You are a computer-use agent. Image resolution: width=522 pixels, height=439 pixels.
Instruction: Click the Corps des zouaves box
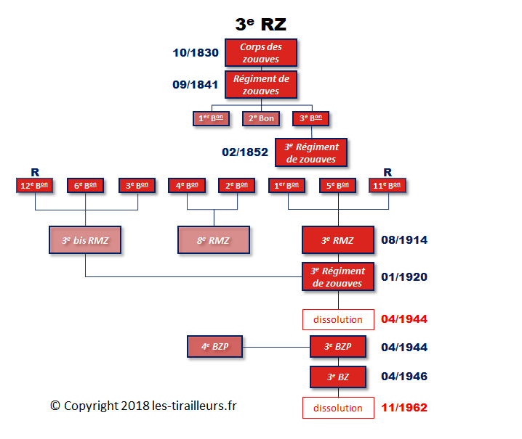[260, 53]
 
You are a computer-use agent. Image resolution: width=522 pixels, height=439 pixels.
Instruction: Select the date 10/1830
[196, 52]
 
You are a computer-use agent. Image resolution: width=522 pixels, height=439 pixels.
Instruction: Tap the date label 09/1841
[196, 84]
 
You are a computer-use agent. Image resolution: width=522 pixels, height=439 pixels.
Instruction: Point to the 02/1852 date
[245, 152]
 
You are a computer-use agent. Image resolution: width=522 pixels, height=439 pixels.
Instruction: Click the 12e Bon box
[36, 185]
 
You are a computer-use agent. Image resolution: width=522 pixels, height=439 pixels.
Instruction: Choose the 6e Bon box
[86, 185]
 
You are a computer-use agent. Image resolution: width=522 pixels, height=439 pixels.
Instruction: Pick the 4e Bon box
[187, 185]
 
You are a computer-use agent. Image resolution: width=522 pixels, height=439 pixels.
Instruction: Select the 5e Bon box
[338, 185]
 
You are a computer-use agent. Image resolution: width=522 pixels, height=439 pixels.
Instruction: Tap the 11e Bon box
[388, 185]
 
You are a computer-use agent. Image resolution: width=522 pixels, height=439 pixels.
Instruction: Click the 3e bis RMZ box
[86, 239]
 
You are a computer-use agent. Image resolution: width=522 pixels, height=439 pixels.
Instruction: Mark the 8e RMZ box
[213, 239]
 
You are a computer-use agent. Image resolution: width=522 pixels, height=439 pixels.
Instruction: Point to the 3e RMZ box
[337, 239]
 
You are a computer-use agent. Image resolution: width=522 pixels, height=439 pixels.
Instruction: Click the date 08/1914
[403, 239]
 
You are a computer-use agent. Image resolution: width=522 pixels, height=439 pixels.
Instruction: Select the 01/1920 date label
[403, 276]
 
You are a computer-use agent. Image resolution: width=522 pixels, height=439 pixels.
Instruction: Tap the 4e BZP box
[215, 347]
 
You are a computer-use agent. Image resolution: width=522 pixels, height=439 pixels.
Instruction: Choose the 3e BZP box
[337, 347]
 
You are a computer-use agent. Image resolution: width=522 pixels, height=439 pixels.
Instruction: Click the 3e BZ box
[337, 377]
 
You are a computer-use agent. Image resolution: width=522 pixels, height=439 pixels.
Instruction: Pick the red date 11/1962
[403, 408]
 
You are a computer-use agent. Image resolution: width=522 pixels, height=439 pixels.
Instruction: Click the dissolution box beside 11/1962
[337, 408]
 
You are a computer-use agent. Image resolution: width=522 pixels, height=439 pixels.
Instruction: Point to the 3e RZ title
[260, 24]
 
